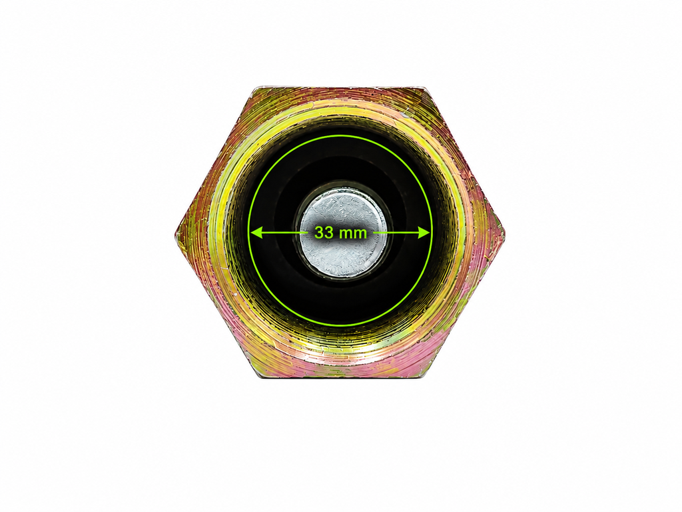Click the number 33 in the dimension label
pos(324,233)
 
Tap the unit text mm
pos(353,234)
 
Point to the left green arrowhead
pos(256,233)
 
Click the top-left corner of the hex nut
pos(255,88)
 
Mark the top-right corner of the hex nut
pos(426,87)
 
